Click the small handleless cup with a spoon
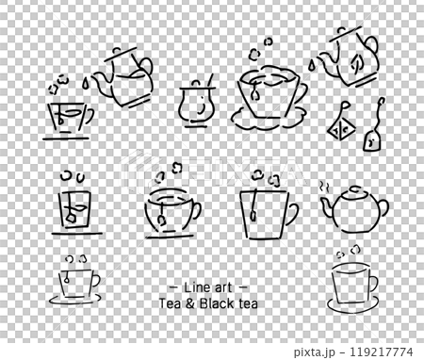197,105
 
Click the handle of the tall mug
288,213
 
